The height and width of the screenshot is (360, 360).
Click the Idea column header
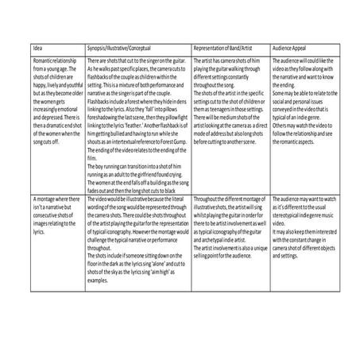pyautogui.click(x=37, y=49)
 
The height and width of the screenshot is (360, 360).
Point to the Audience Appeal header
pyautogui.click(x=291, y=49)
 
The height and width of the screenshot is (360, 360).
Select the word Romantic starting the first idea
pyautogui.click(x=44, y=60)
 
